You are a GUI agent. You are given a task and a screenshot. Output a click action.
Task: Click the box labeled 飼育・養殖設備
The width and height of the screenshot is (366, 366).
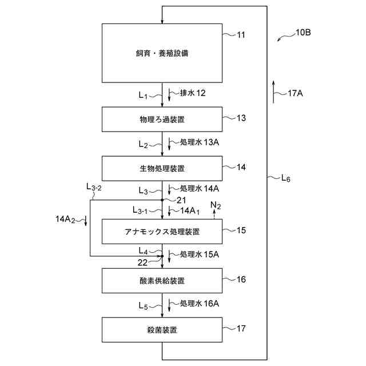pos(162,54)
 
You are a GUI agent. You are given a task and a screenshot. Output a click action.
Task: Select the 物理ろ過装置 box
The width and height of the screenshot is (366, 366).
pos(162,119)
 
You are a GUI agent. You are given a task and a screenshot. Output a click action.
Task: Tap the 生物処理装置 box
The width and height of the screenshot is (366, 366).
pos(162,168)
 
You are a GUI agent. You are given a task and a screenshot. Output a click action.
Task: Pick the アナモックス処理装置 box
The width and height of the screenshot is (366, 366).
pos(162,232)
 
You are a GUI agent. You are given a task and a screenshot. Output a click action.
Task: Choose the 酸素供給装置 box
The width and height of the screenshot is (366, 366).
pos(162,280)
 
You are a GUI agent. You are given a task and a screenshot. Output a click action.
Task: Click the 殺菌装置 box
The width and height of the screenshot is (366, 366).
pos(162,330)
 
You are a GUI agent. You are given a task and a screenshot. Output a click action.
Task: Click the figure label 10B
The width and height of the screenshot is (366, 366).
pos(303,33)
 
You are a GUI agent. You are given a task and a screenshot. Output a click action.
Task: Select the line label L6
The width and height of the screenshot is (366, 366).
pos(285,178)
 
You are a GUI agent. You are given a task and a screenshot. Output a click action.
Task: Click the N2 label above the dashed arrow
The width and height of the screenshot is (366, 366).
pos(215,205)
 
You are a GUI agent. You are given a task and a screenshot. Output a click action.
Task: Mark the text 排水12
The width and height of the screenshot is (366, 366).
pos(193,93)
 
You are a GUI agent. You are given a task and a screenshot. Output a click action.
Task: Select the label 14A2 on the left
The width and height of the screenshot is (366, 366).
pos(66,219)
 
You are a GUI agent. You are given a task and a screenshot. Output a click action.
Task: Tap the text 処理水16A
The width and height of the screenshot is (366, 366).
pos(200,303)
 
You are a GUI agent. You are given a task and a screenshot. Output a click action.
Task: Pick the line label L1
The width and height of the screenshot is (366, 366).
pos(143,95)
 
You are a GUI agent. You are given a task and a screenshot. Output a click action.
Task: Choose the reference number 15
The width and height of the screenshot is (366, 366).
pos(241,230)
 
